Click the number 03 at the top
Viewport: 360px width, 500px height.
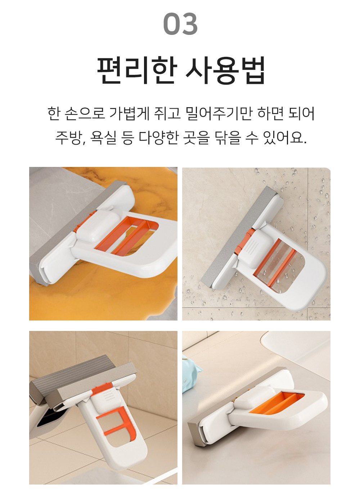pyautogui.click(x=180, y=24)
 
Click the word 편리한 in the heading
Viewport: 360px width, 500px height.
pyautogui.click(x=137, y=70)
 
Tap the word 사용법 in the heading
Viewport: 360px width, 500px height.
pyautogui.click(x=225, y=70)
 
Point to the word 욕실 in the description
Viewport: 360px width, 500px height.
pyautogui.click(x=103, y=137)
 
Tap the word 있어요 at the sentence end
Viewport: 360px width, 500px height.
pyautogui.click(x=284, y=137)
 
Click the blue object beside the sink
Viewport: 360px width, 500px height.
pyautogui.click(x=191, y=371)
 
